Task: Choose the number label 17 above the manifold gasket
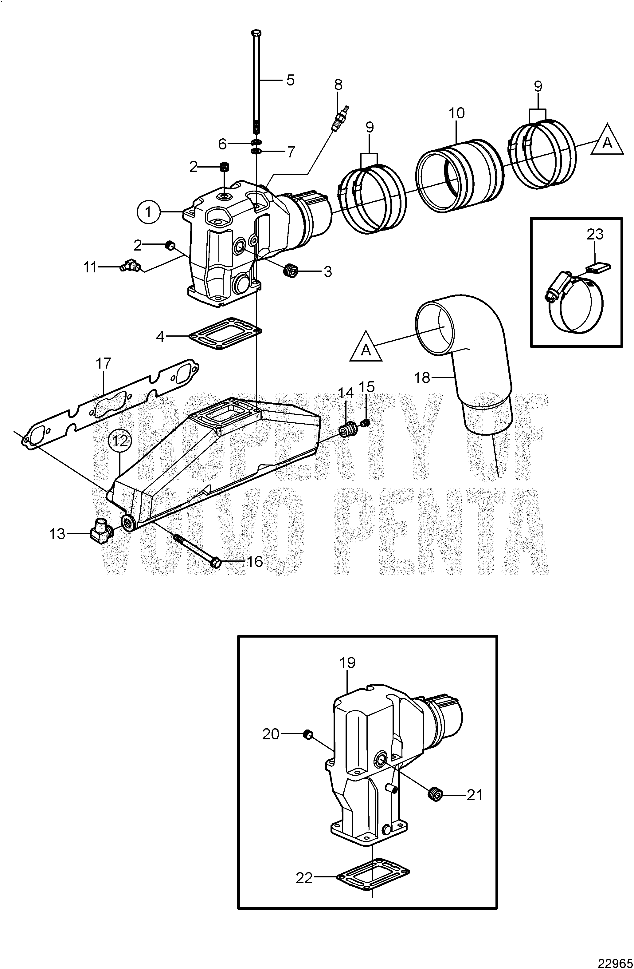coord(104,364)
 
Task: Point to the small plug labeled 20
coord(308,735)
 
